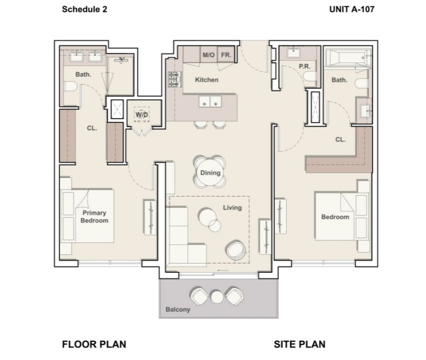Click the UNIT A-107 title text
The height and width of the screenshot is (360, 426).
352,9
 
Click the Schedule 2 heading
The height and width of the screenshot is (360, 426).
85,9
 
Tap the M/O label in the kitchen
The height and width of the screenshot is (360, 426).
208,55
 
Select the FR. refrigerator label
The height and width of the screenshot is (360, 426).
226,55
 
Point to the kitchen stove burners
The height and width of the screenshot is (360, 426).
175,79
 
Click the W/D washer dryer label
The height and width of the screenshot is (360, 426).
141,115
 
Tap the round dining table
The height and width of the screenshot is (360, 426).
210,172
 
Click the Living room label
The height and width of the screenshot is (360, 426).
232,207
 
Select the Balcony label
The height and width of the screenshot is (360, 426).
178,309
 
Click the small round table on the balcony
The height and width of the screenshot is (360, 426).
217,297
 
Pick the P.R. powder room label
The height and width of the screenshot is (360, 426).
304,66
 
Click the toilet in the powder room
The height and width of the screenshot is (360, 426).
310,77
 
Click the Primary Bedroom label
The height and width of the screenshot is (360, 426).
94,217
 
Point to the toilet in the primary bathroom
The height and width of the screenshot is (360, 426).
70,87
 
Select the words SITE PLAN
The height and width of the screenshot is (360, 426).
300,344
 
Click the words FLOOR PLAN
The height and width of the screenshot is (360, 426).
94,344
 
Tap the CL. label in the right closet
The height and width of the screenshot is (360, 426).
340,140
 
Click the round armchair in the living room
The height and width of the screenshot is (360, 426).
236,250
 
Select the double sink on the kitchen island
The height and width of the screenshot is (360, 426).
210,102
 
